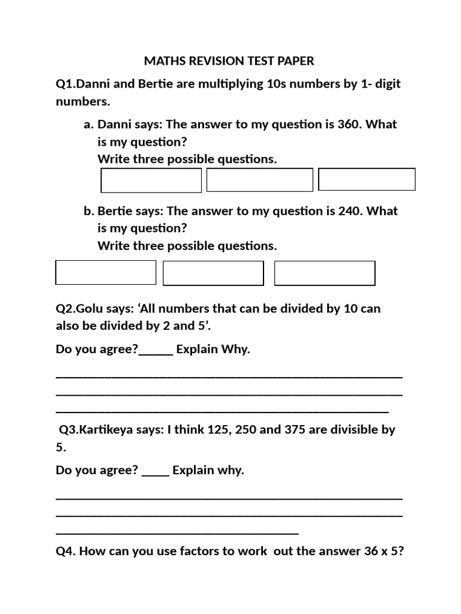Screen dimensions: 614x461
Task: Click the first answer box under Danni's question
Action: (151, 180)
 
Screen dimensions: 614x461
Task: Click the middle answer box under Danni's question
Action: (259, 180)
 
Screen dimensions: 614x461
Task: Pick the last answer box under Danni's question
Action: (367, 179)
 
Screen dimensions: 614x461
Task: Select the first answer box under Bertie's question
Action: (106, 272)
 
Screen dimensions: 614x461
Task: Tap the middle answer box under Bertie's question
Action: (213, 273)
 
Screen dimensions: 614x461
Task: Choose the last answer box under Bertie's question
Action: (325, 273)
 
